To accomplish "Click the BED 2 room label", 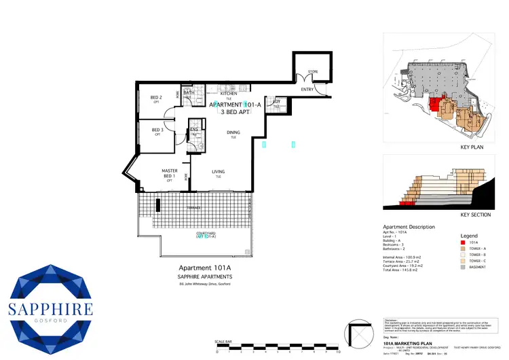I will (157, 98).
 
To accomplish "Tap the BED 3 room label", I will (157, 130).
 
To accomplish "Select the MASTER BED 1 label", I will (169, 174).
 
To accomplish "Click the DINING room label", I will (233, 133).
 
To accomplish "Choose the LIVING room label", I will (219, 172).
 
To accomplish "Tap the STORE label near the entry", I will (312, 71).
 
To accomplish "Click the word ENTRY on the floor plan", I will (307, 89).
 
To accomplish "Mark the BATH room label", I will (190, 93).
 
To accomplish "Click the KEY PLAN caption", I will (471, 146).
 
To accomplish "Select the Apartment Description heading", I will (409, 227).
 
